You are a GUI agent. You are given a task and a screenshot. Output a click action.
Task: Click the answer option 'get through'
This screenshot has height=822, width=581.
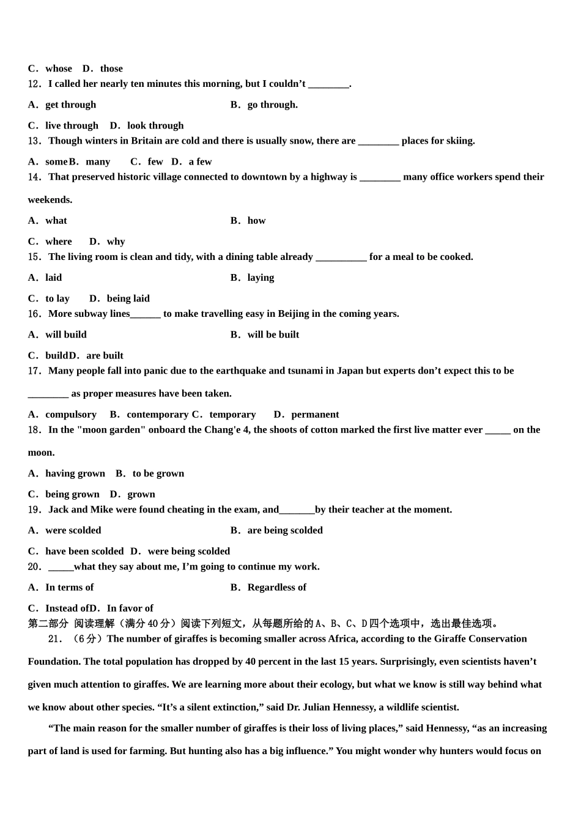click(70, 105)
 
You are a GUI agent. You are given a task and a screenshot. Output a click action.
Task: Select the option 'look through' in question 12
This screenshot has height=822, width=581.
click(155, 125)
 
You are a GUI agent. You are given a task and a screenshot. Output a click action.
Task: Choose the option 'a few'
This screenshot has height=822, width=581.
click(200, 161)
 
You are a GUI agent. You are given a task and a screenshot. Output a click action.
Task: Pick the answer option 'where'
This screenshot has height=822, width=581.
click(58, 242)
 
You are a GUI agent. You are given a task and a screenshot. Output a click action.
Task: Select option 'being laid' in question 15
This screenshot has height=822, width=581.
click(128, 298)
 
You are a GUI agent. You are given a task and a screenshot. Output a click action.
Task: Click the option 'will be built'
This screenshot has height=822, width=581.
click(273, 335)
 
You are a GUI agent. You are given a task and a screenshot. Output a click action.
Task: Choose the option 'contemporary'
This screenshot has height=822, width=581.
click(157, 415)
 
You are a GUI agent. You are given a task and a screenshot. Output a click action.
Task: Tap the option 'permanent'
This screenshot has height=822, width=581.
click(315, 415)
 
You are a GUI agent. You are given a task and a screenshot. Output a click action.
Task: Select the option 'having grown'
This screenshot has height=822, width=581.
click(75, 473)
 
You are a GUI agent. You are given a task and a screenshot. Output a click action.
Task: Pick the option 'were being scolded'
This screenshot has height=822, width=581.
click(189, 551)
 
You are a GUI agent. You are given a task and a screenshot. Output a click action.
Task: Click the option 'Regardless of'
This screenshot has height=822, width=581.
click(276, 587)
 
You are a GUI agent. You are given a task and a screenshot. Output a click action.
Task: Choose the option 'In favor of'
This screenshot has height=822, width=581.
click(130, 608)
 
